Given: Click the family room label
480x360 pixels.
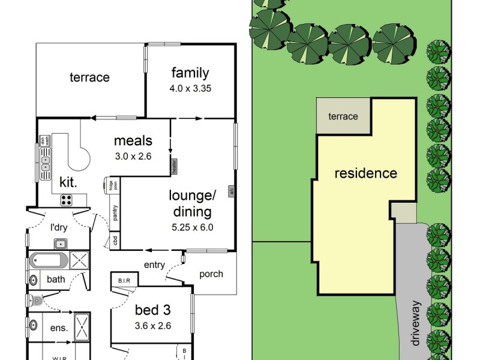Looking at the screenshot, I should (x=190, y=73).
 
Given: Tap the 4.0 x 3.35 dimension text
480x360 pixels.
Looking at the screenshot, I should (x=190, y=88).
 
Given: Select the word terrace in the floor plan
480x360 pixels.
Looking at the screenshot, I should (x=89, y=77).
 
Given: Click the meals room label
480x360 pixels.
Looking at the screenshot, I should (x=133, y=142).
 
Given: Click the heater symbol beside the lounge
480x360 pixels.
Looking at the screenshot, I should (x=174, y=166).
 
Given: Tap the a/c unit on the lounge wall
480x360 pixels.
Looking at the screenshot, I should (x=231, y=191).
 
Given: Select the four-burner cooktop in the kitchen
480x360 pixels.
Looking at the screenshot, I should (x=67, y=200).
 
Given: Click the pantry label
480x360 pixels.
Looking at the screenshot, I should (x=114, y=214).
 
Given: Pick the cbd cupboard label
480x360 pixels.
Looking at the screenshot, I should (x=115, y=241).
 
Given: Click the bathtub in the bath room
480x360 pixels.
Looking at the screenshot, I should (x=50, y=261).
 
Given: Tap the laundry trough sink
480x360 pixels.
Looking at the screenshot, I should (x=60, y=243).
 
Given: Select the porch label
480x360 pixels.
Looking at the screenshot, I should (x=211, y=274).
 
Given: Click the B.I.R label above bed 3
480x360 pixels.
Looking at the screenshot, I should (x=125, y=280).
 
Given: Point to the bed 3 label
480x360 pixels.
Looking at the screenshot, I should (x=152, y=311).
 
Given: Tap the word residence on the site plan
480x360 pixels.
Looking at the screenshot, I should (x=365, y=174).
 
